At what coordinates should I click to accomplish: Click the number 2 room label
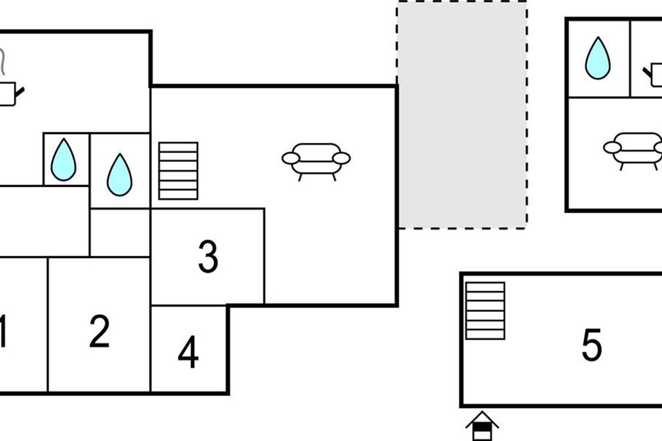click(99, 331)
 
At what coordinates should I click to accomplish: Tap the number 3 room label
click(209, 256)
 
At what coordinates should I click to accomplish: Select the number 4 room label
click(188, 352)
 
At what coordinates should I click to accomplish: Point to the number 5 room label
click(591, 345)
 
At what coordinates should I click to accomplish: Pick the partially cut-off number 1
click(3, 331)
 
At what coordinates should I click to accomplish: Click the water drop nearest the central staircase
click(120, 175)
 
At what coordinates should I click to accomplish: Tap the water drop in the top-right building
click(598, 58)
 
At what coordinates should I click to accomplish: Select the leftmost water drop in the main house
click(63, 159)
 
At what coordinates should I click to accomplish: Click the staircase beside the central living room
click(178, 171)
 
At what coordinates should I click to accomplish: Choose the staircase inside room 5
click(485, 311)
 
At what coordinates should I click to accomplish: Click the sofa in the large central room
click(316, 162)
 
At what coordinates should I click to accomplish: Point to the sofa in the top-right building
click(632, 152)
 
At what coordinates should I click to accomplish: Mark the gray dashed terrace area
click(462, 115)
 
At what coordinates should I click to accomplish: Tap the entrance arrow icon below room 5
click(482, 426)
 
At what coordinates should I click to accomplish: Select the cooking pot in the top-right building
click(653, 75)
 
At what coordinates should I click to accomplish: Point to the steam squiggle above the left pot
click(2, 62)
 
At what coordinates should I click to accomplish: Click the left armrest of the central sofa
click(291, 158)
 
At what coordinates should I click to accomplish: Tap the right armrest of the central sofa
click(341, 158)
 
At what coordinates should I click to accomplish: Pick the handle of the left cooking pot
click(19, 92)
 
